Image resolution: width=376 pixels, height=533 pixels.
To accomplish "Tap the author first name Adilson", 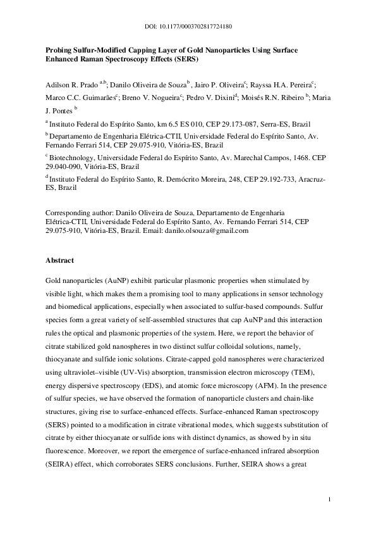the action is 61,84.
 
